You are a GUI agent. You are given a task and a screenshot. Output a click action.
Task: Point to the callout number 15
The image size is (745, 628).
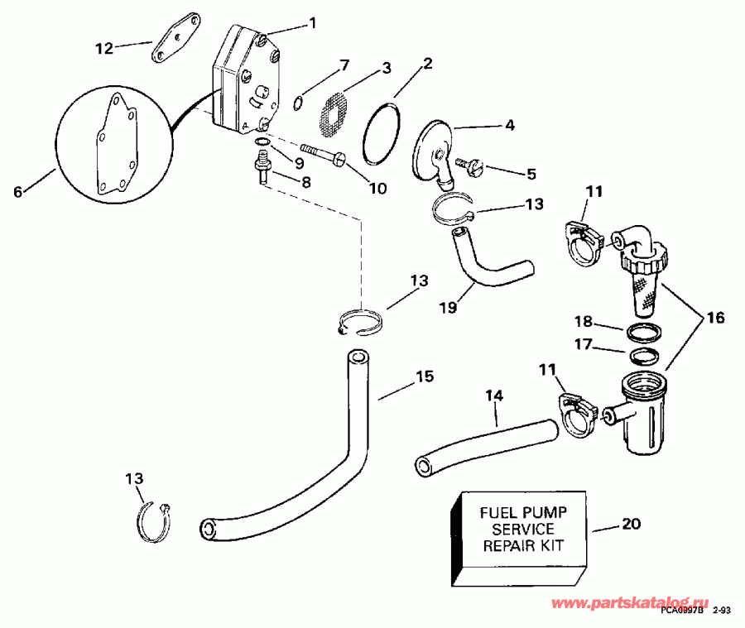tap(423, 376)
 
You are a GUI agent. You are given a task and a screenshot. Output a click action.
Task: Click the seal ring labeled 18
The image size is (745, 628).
tap(644, 333)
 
